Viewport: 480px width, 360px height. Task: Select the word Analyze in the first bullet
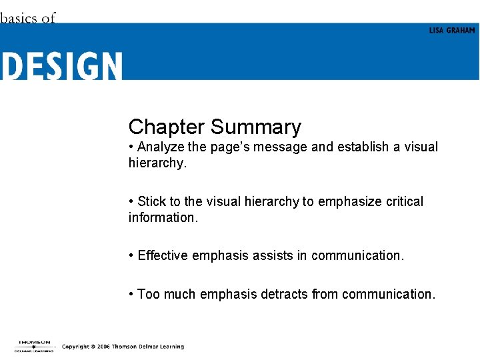(163, 147)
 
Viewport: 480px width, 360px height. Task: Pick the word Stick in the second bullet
(151, 201)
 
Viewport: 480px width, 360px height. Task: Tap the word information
(160, 217)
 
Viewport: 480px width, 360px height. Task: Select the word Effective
(163, 255)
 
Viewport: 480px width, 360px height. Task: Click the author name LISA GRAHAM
(452, 31)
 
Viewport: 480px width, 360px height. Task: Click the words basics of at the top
(27, 18)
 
